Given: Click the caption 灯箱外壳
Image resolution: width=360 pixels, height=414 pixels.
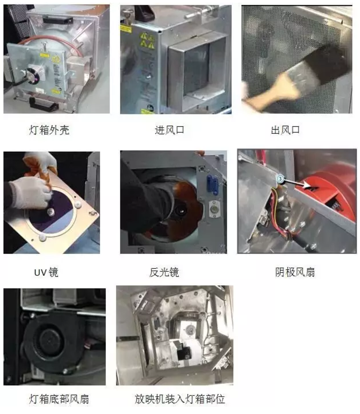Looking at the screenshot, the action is click(49, 130).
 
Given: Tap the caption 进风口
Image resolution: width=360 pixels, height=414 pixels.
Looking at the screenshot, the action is click(169, 130).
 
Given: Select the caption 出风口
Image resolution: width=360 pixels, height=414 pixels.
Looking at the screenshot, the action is click(285, 130).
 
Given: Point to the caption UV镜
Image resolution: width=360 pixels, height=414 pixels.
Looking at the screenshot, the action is click(46, 272).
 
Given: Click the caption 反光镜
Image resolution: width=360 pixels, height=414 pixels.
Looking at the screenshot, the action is click(164, 272).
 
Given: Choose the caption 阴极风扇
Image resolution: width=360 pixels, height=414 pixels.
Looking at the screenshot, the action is click(295, 272).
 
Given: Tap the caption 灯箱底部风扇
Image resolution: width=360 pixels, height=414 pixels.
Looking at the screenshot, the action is click(59, 399).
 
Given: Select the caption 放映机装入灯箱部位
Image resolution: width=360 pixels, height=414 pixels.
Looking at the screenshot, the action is click(180, 399).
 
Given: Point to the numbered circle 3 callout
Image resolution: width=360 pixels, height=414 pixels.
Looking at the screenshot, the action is click(280, 179).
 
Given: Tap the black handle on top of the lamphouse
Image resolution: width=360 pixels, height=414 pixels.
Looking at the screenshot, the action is click(56, 20).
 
